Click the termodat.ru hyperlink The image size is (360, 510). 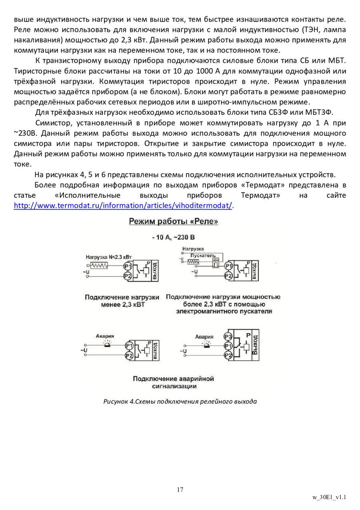point(123,205)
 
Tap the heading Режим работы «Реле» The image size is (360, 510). point(173,221)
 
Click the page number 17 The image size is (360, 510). point(180,490)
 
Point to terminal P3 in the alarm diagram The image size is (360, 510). point(228,337)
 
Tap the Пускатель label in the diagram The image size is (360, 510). point(203,255)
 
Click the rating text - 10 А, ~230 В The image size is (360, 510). point(173,237)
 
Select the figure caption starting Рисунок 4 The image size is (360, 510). point(180,401)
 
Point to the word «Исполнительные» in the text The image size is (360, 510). point(88,196)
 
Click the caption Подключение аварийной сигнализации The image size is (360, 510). point(174,382)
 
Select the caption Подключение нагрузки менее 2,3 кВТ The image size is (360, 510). point(122,301)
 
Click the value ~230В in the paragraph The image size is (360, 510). point(25,133)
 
